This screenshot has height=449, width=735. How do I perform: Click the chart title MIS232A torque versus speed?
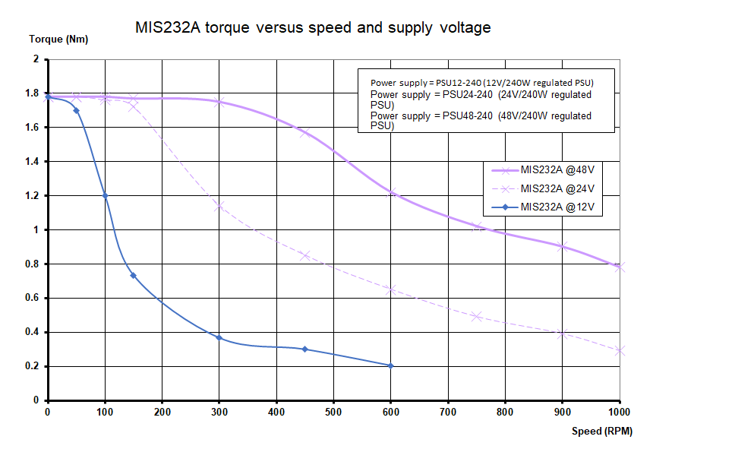pos(313,28)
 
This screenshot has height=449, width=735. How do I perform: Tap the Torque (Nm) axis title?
pos(58,40)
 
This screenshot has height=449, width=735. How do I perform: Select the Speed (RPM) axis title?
pos(601,431)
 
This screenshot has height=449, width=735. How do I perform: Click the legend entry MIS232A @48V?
pos(557,172)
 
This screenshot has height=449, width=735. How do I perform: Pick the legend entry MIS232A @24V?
pos(557,189)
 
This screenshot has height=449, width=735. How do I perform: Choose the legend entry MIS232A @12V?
pos(557,207)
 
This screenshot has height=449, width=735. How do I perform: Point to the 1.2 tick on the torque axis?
pos(32,195)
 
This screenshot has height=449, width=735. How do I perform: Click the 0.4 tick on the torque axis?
pos(32,332)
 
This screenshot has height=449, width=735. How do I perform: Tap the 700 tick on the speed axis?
pos(448,413)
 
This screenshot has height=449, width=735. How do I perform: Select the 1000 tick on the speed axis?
pos(620,413)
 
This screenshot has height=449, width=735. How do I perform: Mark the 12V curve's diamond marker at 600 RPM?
pos(390,366)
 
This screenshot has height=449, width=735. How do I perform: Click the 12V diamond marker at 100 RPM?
pos(105,195)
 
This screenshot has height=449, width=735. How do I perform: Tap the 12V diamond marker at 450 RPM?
pos(304,349)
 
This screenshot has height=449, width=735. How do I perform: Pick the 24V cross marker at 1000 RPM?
pos(620,350)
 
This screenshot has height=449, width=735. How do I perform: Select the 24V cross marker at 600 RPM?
pos(391,289)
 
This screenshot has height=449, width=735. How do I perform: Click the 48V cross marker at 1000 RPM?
pos(620,267)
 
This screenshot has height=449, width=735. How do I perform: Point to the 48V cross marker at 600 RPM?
pos(391,193)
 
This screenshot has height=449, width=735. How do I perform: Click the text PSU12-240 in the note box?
pos(460,82)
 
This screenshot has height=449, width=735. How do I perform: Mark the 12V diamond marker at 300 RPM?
pos(219,337)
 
